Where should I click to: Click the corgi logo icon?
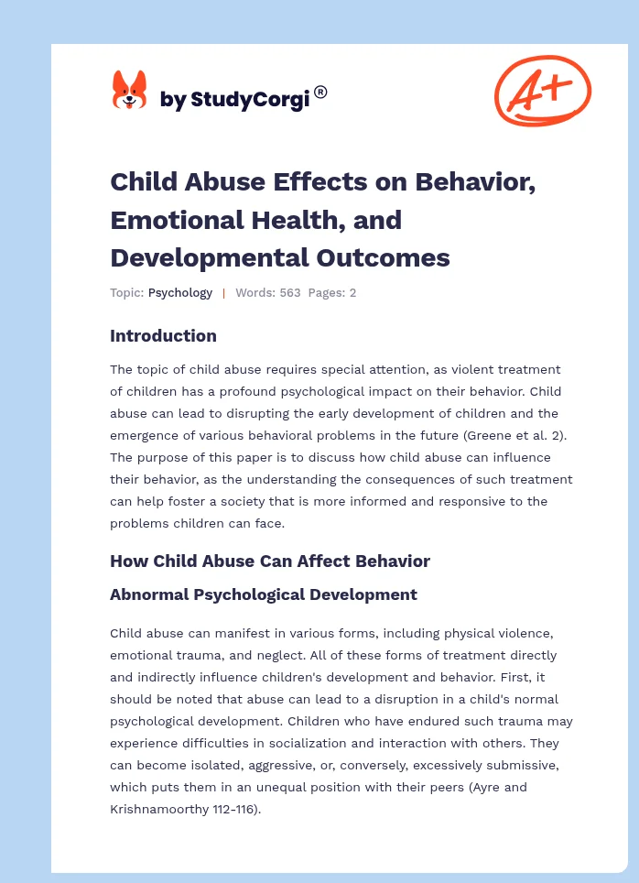coord(129,91)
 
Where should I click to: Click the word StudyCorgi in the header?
coord(247,99)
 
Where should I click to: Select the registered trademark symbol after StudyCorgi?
coord(320,92)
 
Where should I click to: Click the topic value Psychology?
coord(180,293)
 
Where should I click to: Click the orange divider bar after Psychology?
coord(223,293)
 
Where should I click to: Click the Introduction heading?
coord(163,335)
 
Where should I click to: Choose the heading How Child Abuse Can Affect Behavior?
coord(270,561)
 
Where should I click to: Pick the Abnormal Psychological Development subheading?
coord(264,594)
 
